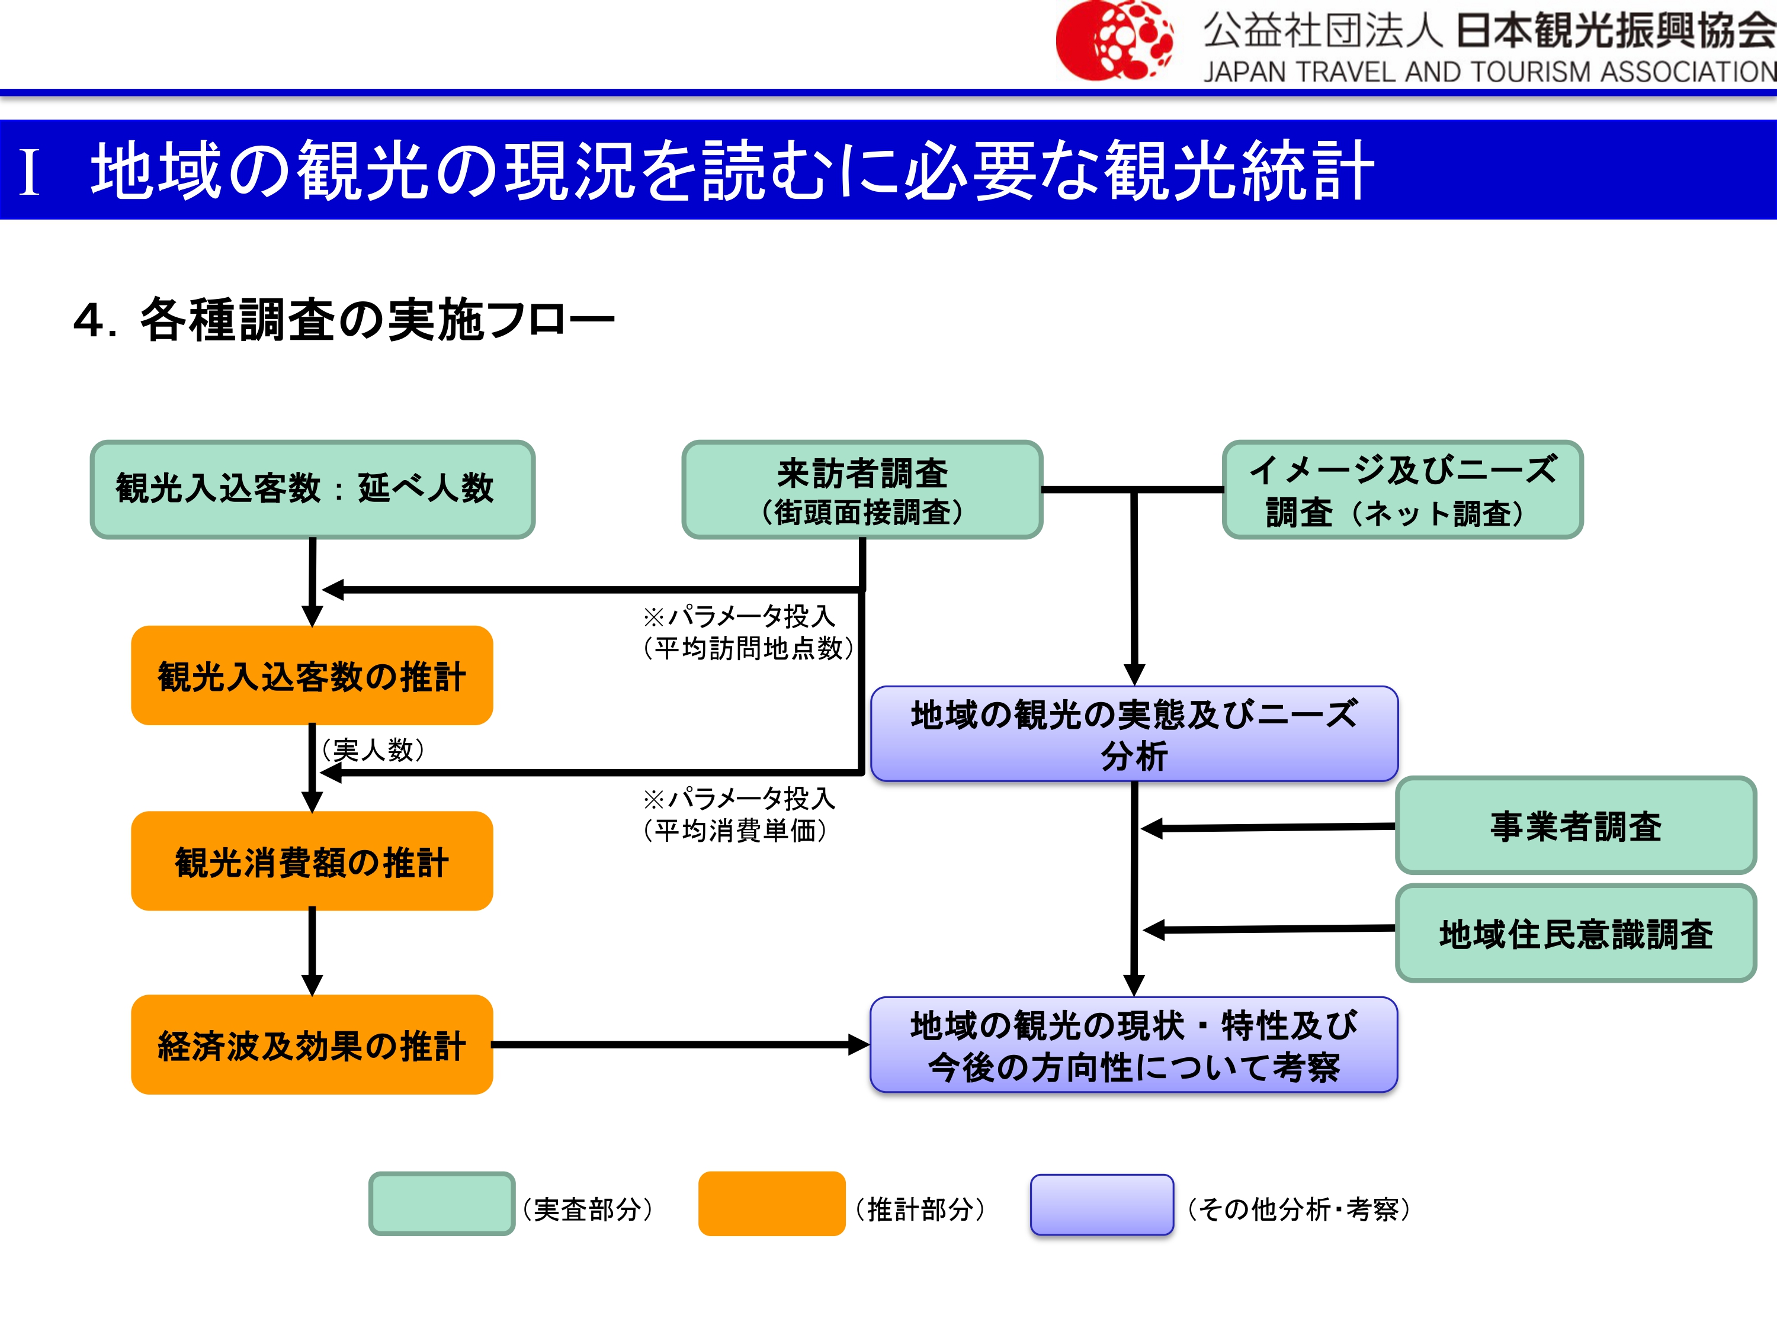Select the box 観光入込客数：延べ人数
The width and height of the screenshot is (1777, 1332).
click(x=313, y=489)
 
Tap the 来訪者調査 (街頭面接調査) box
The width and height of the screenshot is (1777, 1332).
click(x=862, y=489)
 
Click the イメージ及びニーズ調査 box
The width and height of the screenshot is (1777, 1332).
click(x=1402, y=489)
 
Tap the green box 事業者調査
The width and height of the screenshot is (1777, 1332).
click(x=1576, y=825)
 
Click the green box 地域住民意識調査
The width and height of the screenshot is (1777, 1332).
click(x=1576, y=933)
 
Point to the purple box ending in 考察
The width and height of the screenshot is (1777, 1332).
click(x=1134, y=1044)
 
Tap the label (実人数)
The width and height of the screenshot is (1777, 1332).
click(x=372, y=749)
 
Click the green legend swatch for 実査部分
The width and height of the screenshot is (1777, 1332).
click(x=441, y=1204)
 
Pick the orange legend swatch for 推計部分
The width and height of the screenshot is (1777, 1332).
click(x=771, y=1204)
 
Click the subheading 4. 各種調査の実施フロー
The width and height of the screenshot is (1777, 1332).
click(x=344, y=320)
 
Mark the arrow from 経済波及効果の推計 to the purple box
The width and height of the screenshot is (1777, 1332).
click(x=679, y=1044)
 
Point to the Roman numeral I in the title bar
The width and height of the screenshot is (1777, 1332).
click(x=30, y=171)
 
